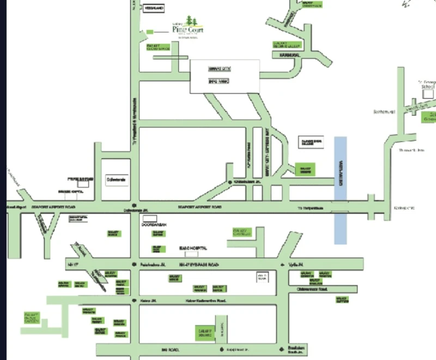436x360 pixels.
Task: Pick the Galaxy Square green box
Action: tap(204, 331)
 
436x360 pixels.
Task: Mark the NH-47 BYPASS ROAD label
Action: tap(200, 264)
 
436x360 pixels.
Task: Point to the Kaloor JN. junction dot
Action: tap(134, 301)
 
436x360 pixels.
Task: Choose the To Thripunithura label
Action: tap(310, 208)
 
